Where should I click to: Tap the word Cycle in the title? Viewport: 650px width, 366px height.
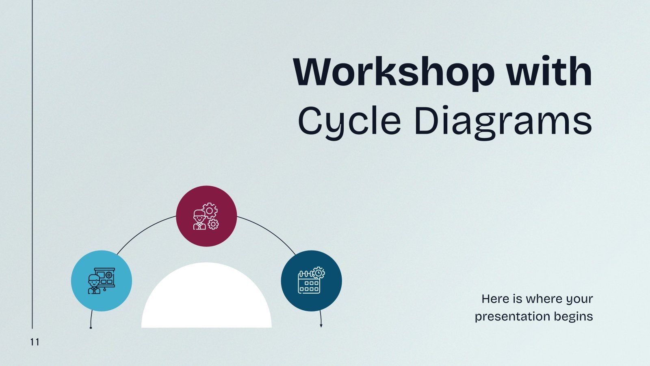tap(349, 121)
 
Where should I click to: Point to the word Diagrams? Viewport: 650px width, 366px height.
tap(503, 121)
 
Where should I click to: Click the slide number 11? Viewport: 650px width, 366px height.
tap(35, 342)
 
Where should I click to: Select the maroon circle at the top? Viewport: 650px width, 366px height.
tap(206, 199)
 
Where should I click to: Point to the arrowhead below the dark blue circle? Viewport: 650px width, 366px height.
tap(321, 325)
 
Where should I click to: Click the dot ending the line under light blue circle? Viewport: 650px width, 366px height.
tap(91, 327)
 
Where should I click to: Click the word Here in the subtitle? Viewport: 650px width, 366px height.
tap(495, 299)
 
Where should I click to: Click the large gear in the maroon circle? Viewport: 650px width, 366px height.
tap(210, 211)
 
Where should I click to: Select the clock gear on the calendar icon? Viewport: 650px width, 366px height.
tap(318, 272)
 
